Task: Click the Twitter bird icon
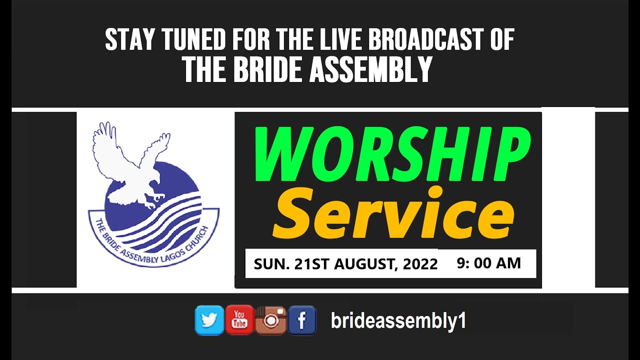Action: pyautogui.click(x=209, y=320)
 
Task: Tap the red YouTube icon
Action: pyautogui.click(x=239, y=320)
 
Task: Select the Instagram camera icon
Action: pyautogui.click(x=270, y=320)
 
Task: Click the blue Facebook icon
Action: pyautogui.click(x=302, y=320)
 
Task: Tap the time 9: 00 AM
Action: pyautogui.click(x=488, y=263)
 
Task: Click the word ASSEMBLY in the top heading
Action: pyautogui.click(x=370, y=69)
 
